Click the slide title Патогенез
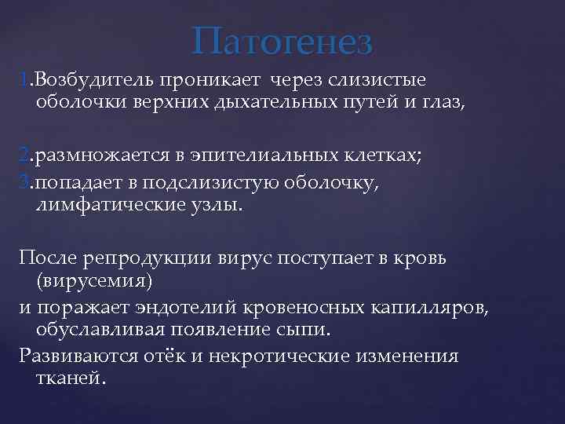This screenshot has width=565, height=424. pyautogui.click(x=283, y=41)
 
